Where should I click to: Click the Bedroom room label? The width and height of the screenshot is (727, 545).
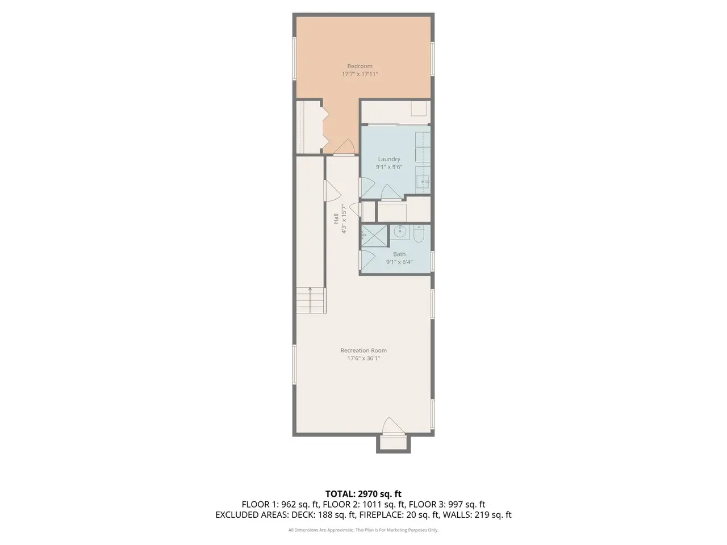pyautogui.click(x=360, y=66)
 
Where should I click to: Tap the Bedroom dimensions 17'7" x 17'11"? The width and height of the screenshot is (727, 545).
pyautogui.click(x=360, y=74)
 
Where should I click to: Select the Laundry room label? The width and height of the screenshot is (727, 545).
pyautogui.click(x=389, y=159)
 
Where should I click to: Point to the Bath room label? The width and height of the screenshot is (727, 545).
pyautogui.click(x=399, y=254)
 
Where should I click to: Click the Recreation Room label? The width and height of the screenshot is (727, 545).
pyautogui.click(x=363, y=350)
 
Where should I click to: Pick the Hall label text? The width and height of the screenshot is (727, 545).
pyautogui.click(x=336, y=219)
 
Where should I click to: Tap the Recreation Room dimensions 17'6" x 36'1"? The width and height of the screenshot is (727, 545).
pyautogui.click(x=363, y=358)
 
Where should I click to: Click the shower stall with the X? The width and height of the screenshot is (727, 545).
pyautogui.click(x=374, y=236)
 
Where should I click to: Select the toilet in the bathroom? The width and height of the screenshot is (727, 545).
pyautogui.click(x=419, y=234)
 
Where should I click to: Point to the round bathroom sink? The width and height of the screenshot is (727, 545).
pyautogui.click(x=400, y=231)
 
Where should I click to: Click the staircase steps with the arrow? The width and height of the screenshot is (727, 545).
pyautogui.click(x=310, y=300)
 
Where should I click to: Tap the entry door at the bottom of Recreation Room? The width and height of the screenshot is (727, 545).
pyautogui.click(x=393, y=426)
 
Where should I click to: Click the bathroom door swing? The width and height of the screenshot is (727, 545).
pyautogui.click(x=367, y=260)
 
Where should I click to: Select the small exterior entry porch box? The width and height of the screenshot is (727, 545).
pyautogui.click(x=393, y=444)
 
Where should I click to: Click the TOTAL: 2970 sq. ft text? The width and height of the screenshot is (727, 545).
pyautogui.click(x=363, y=494)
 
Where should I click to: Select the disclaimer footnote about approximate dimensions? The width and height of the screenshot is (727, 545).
pyautogui.click(x=363, y=530)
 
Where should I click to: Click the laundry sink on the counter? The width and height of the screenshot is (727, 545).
pyautogui.click(x=423, y=181)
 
